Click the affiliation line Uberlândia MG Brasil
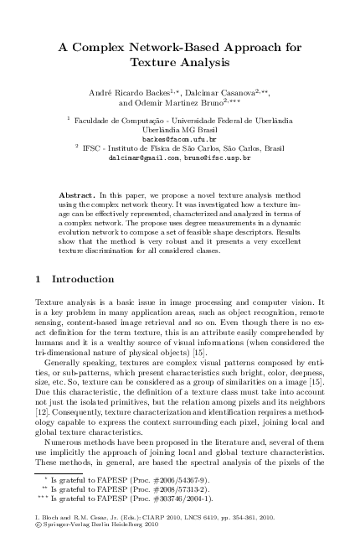click(x=179, y=129)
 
